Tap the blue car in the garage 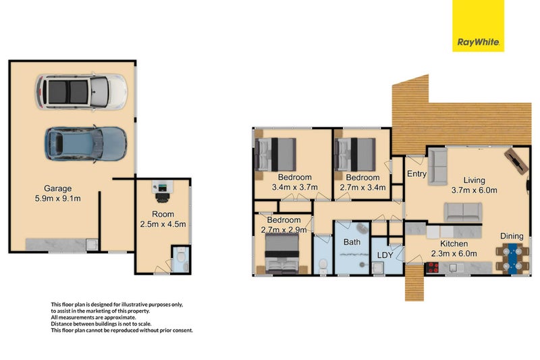tap(85, 143)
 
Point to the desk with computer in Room tap(163, 192)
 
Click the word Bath tap(352, 241)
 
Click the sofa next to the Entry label tap(437, 166)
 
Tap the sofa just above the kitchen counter tap(462, 212)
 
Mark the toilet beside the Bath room tap(323, 264)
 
